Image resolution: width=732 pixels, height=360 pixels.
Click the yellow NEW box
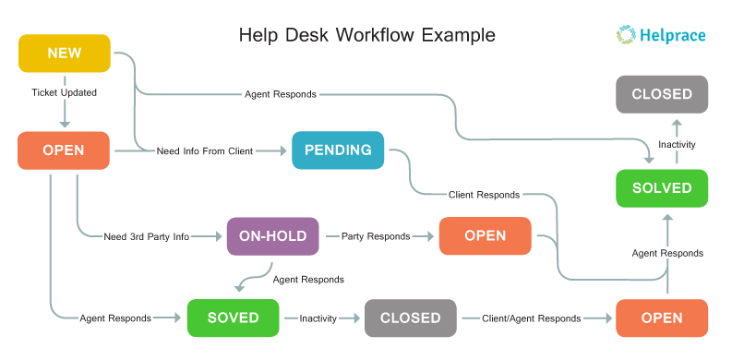pyautogui.click(x=65, y=53)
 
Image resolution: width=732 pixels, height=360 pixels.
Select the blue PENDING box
pyautogui.click(x=338, y=150)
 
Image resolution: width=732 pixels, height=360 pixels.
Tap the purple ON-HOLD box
pyautogui.click(x=273, y=236)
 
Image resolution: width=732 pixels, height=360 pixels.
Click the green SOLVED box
pyautogui.click(x=662, y=188)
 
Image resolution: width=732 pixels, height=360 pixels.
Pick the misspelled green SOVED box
pyautogui.click(x=233, y=318)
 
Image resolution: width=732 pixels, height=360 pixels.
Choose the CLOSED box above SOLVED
pyautogui.click(x=662, y=94)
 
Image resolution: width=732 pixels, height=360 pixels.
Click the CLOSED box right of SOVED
pyautogui.click(x=410, y=318)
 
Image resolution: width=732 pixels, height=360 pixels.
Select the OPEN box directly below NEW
pyautogui.click(x=64, y=150)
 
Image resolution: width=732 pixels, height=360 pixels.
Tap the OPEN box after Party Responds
pyautogui.click(x=485, y=235)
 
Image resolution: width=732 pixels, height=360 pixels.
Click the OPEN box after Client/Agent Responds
pyautogui.click(x=662, y=318)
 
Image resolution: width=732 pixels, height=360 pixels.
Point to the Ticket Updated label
pyautogui.click(x=64, y=93)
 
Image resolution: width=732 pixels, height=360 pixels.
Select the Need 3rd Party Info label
pyautogui.click(x=146, y=237)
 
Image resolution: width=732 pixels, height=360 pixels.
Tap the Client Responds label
pyautogui.click(x=484, y=195)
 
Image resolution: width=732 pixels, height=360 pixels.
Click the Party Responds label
pyautogui.click(x=376, y=236)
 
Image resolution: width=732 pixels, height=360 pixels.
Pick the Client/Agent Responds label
pyautogui.click(x=531, y=318)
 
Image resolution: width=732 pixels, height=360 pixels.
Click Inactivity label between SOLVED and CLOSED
pyautogui.click(x=676, y=145)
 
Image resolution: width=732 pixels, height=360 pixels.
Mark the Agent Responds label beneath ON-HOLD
pyautogui.click(x=308, y=279)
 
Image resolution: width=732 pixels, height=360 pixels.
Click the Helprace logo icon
pyautogui.click(x=627, y=35)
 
